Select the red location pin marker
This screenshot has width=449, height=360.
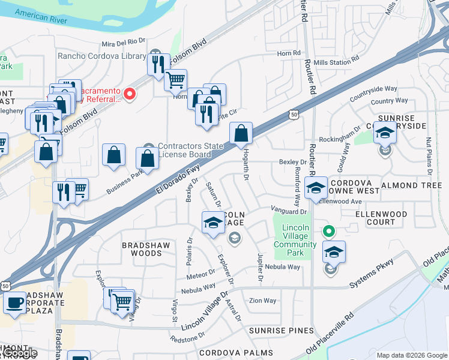click(129, 94)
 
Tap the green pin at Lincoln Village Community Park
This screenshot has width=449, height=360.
click(328, 230)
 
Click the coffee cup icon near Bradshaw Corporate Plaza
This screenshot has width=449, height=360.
click(15, 303)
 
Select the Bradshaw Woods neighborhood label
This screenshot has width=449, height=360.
click(142, 249)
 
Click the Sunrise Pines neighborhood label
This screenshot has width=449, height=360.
click(282, 331)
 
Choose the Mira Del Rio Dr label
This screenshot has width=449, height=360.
click(124, 41)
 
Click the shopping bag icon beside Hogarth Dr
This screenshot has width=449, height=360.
click(241, 134)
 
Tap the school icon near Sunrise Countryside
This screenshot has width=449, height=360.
click(384, 133)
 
